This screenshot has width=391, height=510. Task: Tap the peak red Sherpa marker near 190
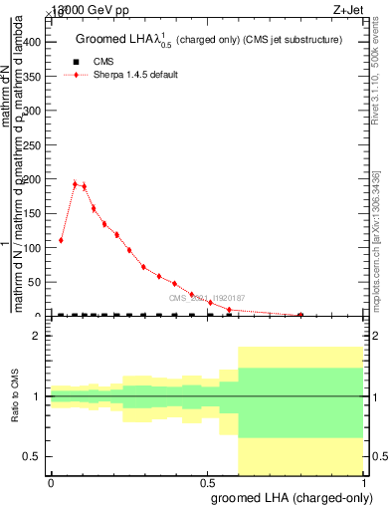click(x=75, y=183)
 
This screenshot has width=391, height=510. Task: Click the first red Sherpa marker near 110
click(x=61, y=240)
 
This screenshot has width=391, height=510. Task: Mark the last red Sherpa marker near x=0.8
click(x=300, y=315)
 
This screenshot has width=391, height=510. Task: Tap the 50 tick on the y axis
click(x=40, y=282)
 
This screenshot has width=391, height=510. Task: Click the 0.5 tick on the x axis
click(x=208, y=482)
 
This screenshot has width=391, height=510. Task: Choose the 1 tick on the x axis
click(x=365, y=482)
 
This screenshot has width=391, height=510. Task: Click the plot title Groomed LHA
click(x=209, y=40)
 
